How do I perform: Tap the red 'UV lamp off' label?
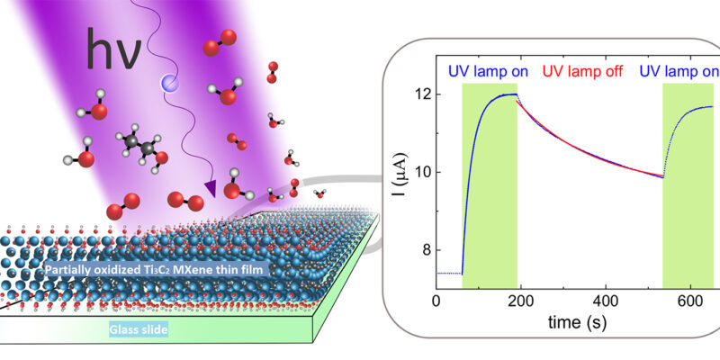(582, 72)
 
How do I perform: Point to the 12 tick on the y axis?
(422, 94)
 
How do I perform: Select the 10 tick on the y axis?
(422, 172)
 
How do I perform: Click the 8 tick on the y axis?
(426, 250)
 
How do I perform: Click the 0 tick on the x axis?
(436, 302)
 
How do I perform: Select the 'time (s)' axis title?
(577, 322)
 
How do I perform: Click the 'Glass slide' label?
(138, 329)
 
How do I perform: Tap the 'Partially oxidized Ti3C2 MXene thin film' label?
(156, 270)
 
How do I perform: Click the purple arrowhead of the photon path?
(210, 188)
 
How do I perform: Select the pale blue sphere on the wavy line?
(168, 83)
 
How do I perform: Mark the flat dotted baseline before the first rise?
(449, 274)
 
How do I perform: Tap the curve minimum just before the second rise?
(662, 177)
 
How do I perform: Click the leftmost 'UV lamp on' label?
(488, 72)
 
